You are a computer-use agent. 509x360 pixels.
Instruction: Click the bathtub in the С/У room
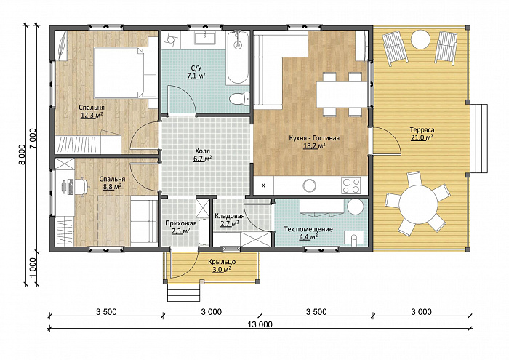tap(238, 57)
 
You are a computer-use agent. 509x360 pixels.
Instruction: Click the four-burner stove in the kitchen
tap(351, 185)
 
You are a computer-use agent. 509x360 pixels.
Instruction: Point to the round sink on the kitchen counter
tap(309, 185)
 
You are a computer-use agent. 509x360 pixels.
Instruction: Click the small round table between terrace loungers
tap(421, 39)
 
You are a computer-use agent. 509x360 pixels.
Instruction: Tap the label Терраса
tap(422, 130)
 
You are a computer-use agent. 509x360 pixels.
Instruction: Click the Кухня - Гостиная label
tap(314, 138)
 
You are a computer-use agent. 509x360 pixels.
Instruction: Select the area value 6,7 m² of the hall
tap(203, 159)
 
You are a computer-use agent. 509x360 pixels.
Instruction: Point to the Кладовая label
tap(230, 216)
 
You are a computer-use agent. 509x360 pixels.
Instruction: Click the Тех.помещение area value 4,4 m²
tap(308, 236)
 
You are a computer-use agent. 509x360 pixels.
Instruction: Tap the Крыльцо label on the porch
tap(222, 262)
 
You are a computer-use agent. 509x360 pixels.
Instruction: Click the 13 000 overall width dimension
tap(260, 324)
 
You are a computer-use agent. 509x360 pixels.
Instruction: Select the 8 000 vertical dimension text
tap(22, 155)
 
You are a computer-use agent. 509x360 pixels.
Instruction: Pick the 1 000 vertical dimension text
tap(33, 268)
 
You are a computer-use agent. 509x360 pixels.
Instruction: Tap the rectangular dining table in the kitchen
tap(342, 94)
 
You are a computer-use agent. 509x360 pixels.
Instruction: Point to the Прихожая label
tap(181, 223)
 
